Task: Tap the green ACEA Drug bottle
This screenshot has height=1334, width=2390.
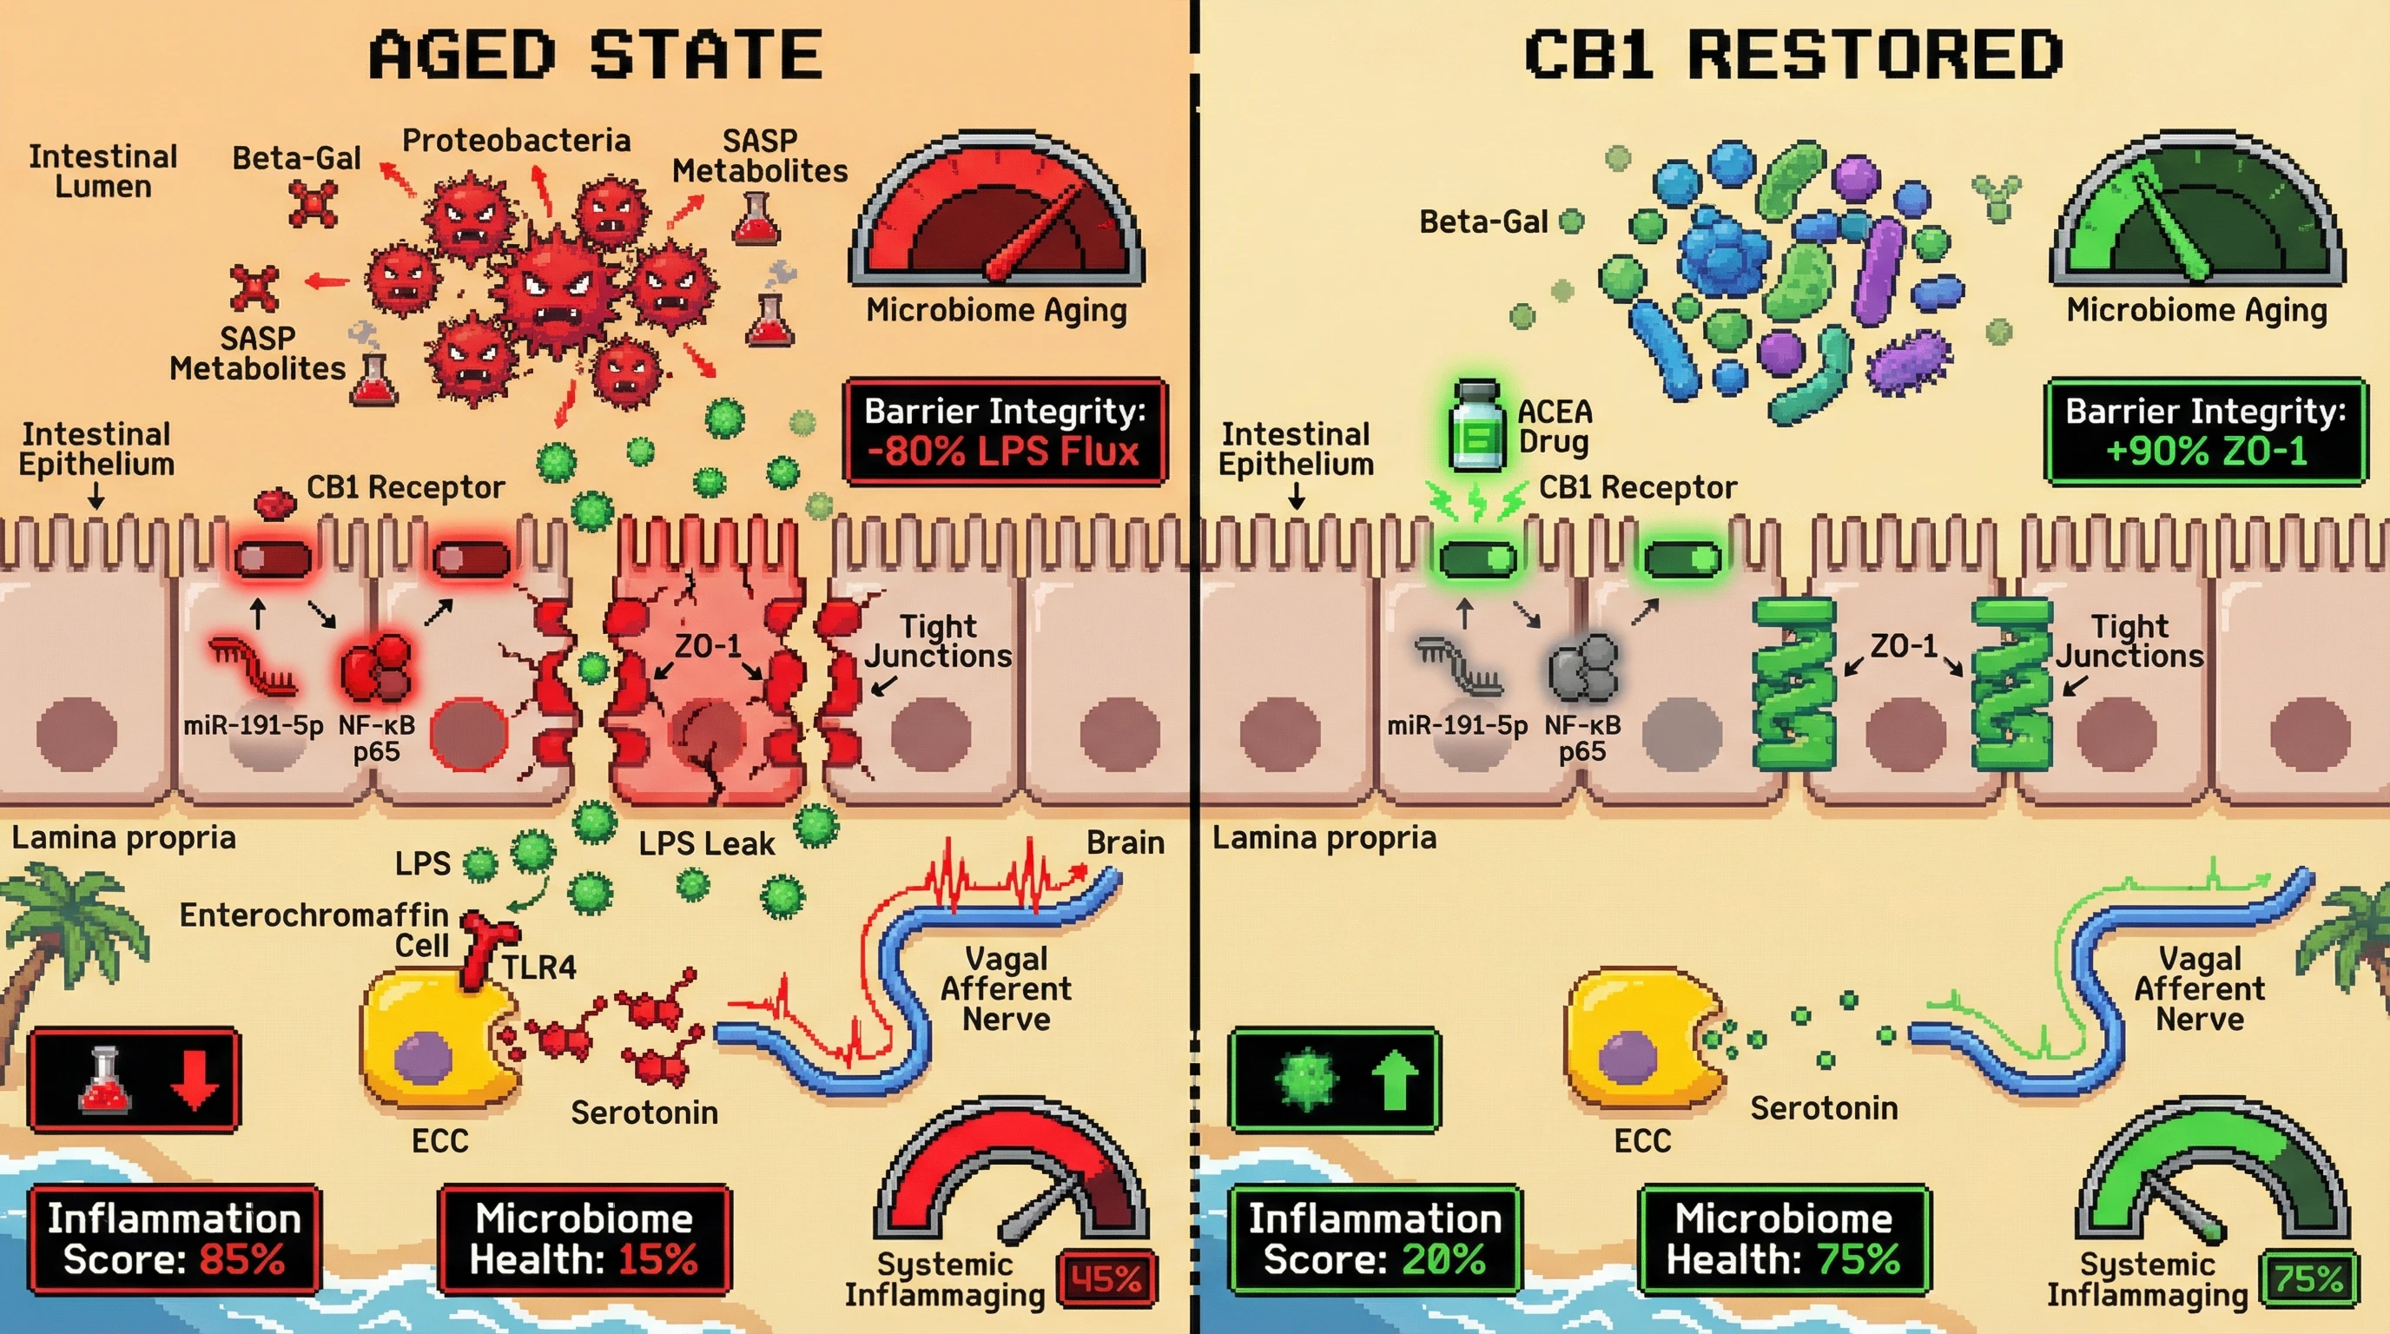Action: tap(1476, 426)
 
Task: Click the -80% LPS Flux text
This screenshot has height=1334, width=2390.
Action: tap(1003, 452)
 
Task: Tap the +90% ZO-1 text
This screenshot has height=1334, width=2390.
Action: tap(2206, 452)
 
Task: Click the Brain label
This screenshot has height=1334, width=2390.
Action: tap(1125, 842)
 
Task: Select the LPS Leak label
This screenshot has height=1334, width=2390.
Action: tap(706, 843)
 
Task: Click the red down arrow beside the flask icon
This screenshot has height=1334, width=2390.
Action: tap(195, 1080)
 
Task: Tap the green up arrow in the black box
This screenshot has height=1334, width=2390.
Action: tap(1395, 1080)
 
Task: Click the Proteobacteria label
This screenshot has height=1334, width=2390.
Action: tap(516, 141)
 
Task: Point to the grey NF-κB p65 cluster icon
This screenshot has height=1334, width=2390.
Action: tap(1583, 667)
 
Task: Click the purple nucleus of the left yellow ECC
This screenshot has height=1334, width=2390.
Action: tap(423, 1059)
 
